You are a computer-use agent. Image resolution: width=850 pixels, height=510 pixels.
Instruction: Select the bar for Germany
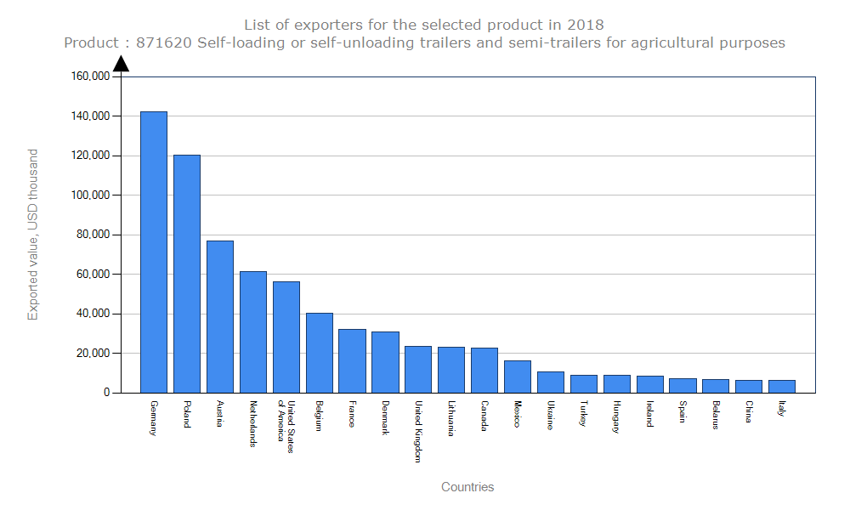point(154,252)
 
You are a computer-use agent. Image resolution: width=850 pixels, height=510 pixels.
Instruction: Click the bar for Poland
point(187,274)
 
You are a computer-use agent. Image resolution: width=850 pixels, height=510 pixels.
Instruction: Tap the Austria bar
point(220,316)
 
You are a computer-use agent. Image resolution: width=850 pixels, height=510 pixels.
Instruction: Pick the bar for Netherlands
point(253,331)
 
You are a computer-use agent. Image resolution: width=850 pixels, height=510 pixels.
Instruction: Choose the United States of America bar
point(286,337)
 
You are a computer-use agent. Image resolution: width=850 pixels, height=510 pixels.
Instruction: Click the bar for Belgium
point(320,353)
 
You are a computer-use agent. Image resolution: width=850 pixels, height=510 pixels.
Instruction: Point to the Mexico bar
point(518,377)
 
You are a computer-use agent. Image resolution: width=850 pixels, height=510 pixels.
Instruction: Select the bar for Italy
point(782,386)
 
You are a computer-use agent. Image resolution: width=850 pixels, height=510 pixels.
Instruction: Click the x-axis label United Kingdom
point(418,431)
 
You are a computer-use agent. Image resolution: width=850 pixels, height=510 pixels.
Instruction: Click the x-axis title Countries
point(467,487)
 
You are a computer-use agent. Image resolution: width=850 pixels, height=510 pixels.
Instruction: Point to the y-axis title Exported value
point(33,235)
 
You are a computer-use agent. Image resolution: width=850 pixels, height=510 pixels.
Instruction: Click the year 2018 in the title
point(586,25)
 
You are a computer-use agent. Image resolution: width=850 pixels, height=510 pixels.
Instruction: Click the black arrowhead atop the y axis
point(121,64)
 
